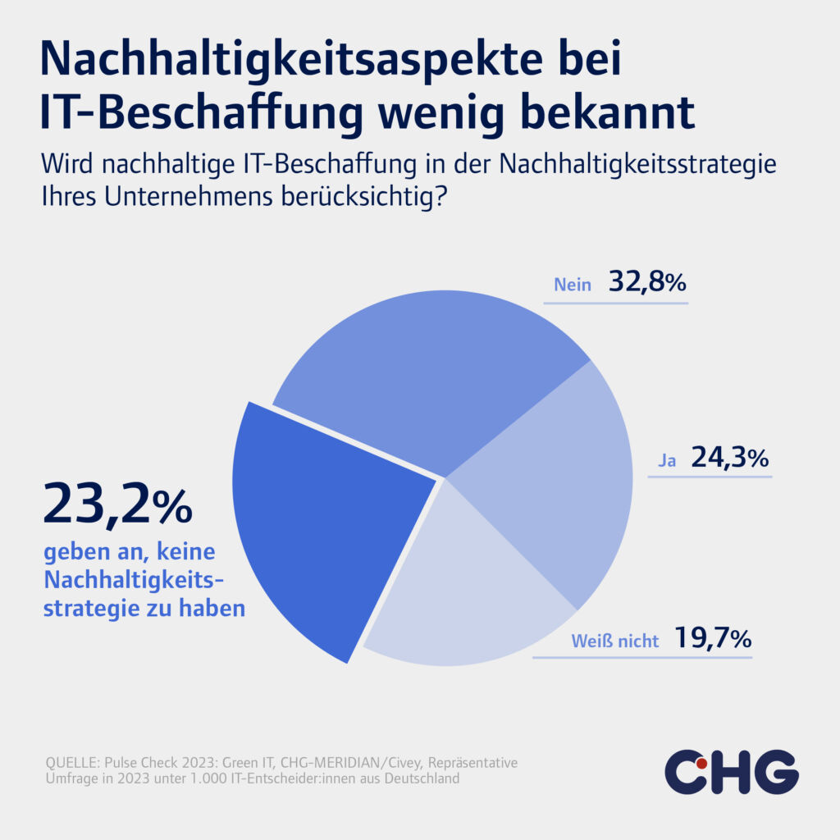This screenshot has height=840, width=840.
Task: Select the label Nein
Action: coord(573,285)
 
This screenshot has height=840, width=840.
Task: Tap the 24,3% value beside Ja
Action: coord(729,456)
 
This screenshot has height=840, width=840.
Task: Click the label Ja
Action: coord(666,460)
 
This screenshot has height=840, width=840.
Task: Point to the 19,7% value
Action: coord(712,637)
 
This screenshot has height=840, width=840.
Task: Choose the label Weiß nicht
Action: coord(615,641)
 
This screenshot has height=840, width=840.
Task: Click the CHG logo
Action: coord(730,772)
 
